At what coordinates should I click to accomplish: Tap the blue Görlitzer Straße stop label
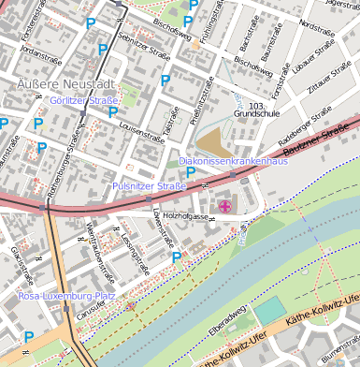click(x=84, y=100)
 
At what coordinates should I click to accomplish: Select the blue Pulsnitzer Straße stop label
click(x=149, y=186)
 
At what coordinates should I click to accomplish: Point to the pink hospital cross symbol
click(x=224, y=205)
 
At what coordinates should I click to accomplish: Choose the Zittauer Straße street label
click(x=330, y=81)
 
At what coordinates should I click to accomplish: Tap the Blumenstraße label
click(x=338, y=354)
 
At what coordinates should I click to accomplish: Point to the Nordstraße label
click(x=317, y=19)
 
